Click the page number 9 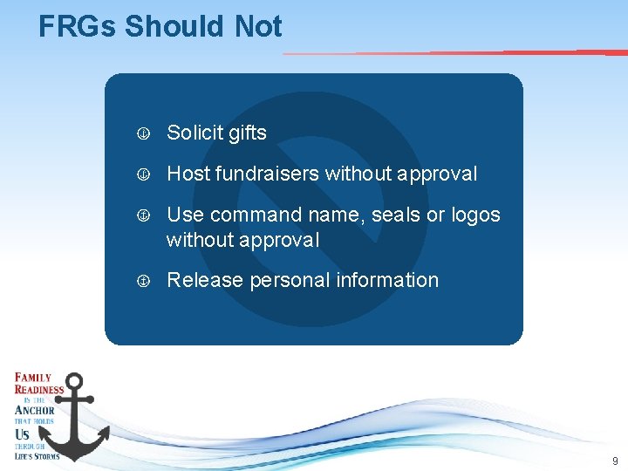tap(615, 461)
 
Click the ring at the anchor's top tap(76, 381)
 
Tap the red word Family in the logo tap(32, 378)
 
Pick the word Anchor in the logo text tap(35, 410)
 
